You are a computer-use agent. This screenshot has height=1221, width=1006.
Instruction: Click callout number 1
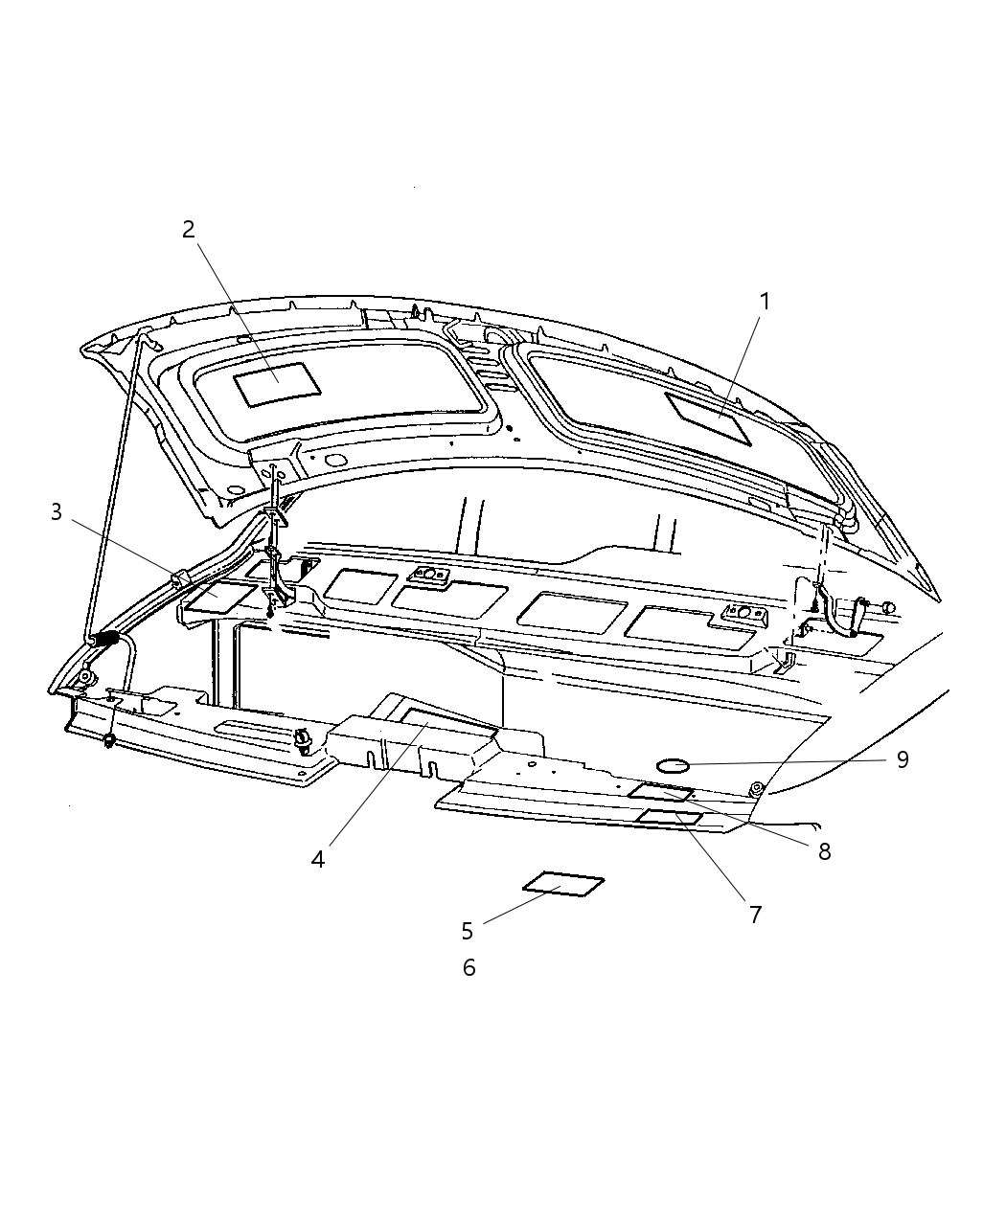coord(765,302)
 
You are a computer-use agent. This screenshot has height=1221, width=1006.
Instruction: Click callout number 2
coord(189,229)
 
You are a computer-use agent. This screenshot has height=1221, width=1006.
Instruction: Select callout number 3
coord(57,512)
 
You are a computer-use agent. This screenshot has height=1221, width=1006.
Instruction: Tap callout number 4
coord(318,859)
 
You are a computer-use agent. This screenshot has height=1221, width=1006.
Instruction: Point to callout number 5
coord(468,931)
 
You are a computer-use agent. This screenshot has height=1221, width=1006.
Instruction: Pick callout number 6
coord(469,968)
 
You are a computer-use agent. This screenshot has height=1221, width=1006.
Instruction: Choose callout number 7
coord(755,915)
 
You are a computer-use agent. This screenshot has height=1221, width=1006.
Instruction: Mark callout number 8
coord(824,851)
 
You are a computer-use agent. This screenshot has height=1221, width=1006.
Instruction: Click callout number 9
coord(902,759)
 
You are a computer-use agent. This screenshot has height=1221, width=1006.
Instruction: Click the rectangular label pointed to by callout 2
coord(277,384)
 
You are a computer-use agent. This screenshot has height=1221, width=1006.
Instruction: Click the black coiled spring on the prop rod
coord(106,639)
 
